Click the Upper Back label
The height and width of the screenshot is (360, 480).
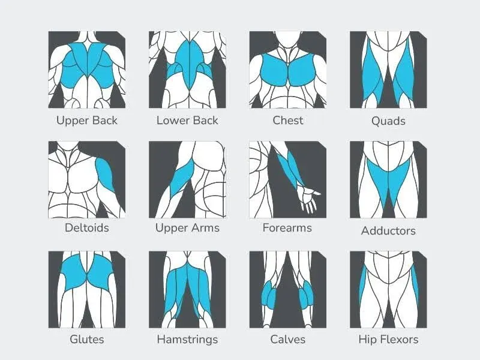tap(87, 120)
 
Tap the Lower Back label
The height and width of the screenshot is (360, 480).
tap(187, 120)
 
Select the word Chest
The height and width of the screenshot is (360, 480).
tap(287, 120)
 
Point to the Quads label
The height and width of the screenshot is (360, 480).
tap(388, 121)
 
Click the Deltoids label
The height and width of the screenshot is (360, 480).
tap(87, 228)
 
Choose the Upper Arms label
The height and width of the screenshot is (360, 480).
tap(187, 228)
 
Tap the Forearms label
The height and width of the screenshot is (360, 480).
tap(287, 228)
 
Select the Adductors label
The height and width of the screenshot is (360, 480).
tap(388, 230)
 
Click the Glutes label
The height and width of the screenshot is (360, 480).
tap(87, 339)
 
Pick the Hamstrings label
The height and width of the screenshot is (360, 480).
tap(187, 339)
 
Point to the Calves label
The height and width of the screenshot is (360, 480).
tap(287, 339)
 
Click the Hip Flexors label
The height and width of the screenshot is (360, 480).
tap(388, 339)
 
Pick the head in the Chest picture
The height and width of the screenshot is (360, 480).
tap(287, 41)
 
